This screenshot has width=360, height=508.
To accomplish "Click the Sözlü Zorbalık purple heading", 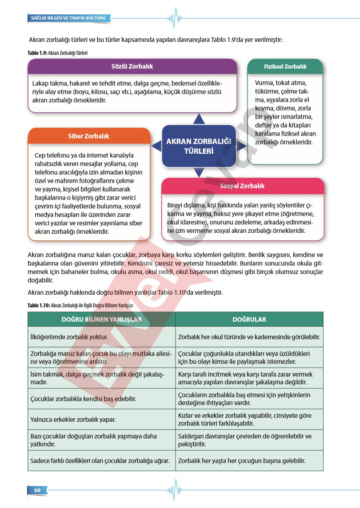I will pyautogui.click(x=132, y=66).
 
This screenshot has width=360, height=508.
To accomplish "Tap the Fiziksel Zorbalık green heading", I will pyautogui.click(x=285, y=67).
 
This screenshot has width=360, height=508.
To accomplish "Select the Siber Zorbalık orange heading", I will pyautogui.click(x=88, y=136).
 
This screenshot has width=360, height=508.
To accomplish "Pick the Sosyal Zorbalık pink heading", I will pyautogui.click(x=242, y=186).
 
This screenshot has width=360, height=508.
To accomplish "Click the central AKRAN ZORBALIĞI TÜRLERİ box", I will pyautogui.click(x=199, y=146).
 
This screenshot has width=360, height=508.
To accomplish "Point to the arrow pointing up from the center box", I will pyautogui.click(x=199, y=119).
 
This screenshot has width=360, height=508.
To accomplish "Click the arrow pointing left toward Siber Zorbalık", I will pyautogui.click(x=156, y=146).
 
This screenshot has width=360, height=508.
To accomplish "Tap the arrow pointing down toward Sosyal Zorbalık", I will pyautogui.click(x=199, y=172).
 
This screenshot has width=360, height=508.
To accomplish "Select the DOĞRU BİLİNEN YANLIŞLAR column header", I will pyautogui.click(x=102, y=319).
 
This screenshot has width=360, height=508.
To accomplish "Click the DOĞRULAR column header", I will pyautogui.click(x=249, y=319).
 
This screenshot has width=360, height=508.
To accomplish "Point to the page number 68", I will pyautogui.click(x=37, y=490).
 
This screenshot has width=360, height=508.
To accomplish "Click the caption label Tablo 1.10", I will pyautogui.click(x=38, y=305).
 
